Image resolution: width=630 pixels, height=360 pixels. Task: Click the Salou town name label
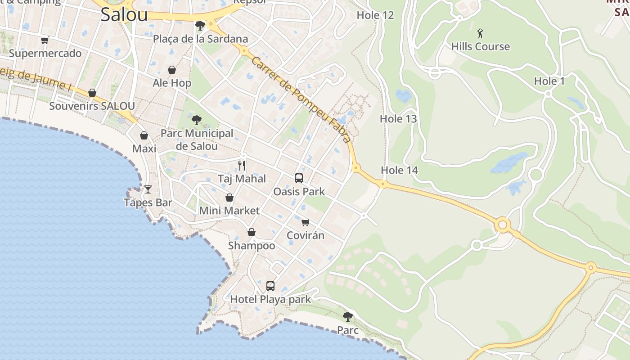point(124,14)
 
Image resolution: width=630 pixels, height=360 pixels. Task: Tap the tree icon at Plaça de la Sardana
point(200,26)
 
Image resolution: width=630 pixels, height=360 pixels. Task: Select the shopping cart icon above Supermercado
point(45,40)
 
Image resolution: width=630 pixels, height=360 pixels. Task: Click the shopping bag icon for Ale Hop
point(172,70)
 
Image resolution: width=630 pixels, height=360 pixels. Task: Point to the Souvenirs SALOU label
point(92,106)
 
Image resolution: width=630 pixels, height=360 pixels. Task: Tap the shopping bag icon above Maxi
point(144,135)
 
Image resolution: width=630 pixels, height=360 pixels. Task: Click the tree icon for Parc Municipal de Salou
point(196,120)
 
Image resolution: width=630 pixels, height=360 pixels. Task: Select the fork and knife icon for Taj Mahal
point(242,166)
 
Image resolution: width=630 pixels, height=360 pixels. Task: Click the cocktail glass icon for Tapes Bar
point(148,189)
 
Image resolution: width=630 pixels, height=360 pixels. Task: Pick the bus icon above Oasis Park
point(299,178)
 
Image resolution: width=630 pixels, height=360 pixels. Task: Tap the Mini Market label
point(229,211)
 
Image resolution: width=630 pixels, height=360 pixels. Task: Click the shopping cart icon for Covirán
point(306,222)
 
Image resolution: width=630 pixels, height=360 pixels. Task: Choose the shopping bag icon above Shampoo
point(252,232)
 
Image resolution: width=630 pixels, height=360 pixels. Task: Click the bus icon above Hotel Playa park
point(270,286)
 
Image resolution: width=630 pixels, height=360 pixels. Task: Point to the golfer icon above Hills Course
point(480,33)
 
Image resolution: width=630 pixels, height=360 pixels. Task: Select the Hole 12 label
point(375,15)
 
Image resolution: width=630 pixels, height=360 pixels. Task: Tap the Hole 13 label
point(398,119)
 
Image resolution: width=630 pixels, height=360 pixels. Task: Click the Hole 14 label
point(399,170)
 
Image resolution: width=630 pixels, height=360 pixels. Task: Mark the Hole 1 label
point(549,81)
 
